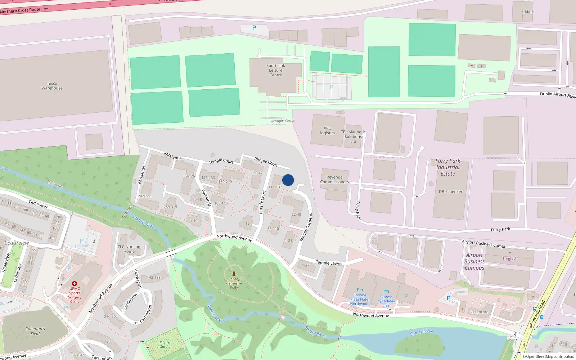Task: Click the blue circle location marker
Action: tap(288, 180)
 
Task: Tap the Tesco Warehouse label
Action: tap(52, 86)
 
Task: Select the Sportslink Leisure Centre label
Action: tap(276, 70)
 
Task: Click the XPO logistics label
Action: tap(328, 130)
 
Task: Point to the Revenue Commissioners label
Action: tap(334, 179)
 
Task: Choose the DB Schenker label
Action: tap(450, 192)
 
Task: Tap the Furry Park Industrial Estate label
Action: tap(448, 167)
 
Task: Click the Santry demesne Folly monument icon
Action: tap(234, 274)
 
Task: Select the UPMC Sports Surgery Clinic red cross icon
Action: tap(75, 284)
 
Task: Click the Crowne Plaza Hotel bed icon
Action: tap(360, 290)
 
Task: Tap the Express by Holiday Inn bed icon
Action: tap(386, 292)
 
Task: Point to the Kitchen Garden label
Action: tap(166, 345)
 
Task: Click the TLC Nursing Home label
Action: tap(129, 249)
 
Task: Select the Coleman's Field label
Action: tap(35, 331)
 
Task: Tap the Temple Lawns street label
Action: tap(329, 263)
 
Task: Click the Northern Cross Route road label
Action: tap(20, 10)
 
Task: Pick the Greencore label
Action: tap(479, 312)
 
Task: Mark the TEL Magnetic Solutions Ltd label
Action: tap(353, 136)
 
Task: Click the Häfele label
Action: tap(527, 12)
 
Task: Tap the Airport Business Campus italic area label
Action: tap(474, 261)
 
